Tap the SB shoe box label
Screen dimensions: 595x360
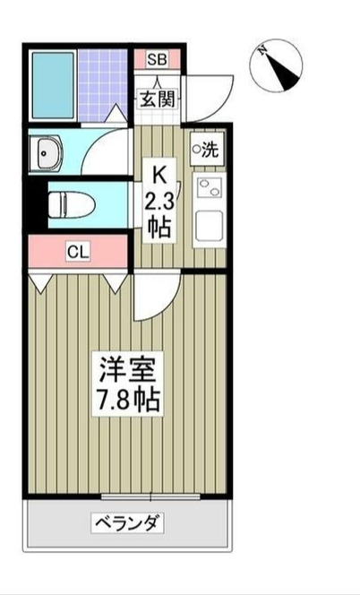[157, 60]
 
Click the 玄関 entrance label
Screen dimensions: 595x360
[157, 99]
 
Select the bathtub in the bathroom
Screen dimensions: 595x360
[51, 84]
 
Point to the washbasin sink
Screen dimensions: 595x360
[45, 155]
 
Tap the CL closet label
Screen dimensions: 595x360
[78, 252]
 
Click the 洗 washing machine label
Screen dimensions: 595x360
[208, 150]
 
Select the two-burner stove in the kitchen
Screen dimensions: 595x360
[208, 189]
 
